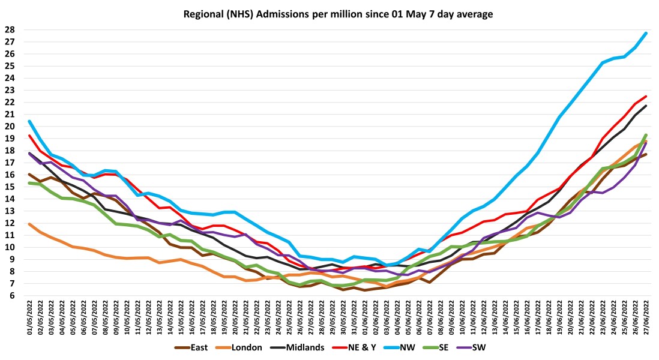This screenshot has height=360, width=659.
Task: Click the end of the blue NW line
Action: point(646,33)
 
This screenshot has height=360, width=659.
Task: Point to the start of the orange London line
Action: point(29,224)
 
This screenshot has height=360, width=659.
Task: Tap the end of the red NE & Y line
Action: point(646,96)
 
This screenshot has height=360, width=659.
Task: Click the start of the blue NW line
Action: point(29,121)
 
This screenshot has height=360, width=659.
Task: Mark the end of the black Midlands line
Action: point(646,106)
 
